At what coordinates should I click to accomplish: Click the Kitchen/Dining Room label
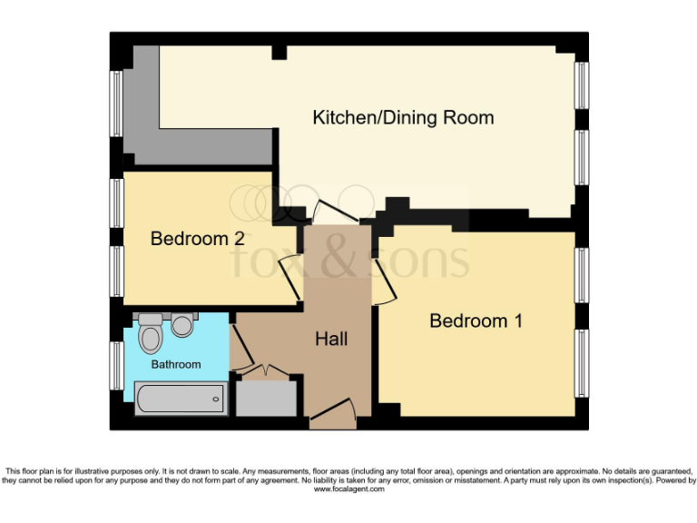403,117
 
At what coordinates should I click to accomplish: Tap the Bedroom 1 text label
476,321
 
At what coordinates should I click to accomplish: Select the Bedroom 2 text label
197,239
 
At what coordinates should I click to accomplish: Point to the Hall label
331,339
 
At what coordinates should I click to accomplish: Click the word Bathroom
176,364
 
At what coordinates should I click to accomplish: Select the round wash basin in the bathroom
183,324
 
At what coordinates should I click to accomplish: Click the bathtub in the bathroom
180,398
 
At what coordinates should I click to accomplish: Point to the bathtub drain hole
215,398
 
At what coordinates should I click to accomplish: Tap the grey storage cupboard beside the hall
267,398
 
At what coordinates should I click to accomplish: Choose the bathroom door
240,349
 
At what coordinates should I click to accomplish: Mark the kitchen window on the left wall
117,103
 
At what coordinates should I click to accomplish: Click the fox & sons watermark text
348,259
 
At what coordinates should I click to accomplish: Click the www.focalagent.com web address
348,488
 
